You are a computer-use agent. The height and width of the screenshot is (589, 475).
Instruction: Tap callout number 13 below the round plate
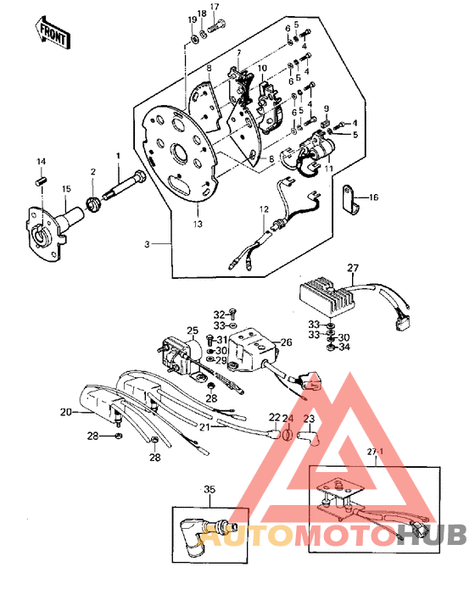pos(198,224)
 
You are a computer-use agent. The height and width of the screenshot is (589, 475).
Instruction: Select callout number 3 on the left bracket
pos(147,244)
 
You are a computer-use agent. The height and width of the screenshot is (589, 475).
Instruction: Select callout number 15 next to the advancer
pos(42,188)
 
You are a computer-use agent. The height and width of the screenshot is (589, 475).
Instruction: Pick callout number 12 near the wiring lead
pos(264,209)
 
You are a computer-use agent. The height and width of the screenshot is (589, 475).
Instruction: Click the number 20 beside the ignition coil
pos(65,412)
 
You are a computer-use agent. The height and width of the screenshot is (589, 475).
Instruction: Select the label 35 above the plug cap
pos(210,489)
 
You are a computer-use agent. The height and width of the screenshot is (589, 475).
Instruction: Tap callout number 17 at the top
pos(214,7)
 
